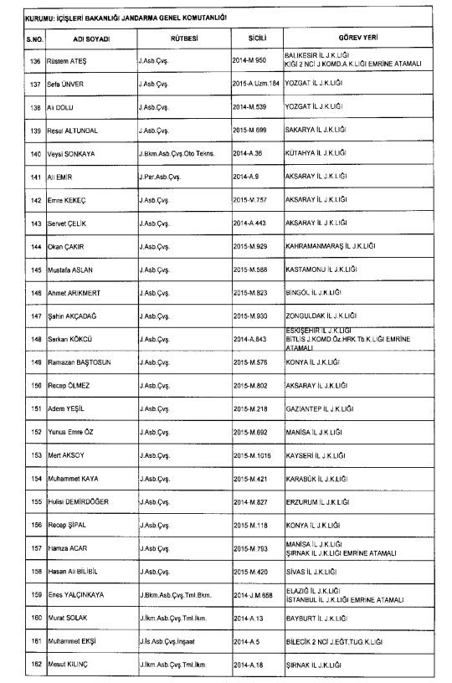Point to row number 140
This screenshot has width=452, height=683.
tap(36, 154)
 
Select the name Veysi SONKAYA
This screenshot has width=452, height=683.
tap(76, 154)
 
